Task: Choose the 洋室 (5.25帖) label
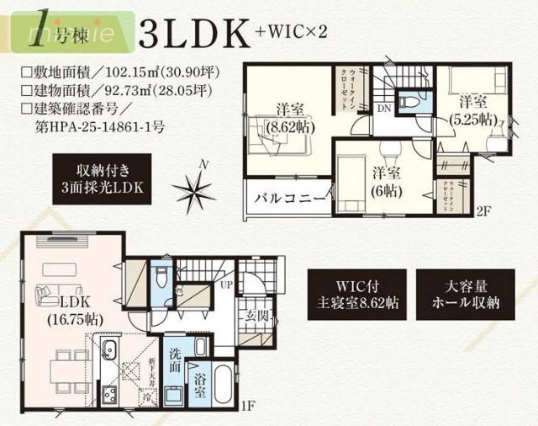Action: [476, 110]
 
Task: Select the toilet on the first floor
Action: [163, 278]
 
